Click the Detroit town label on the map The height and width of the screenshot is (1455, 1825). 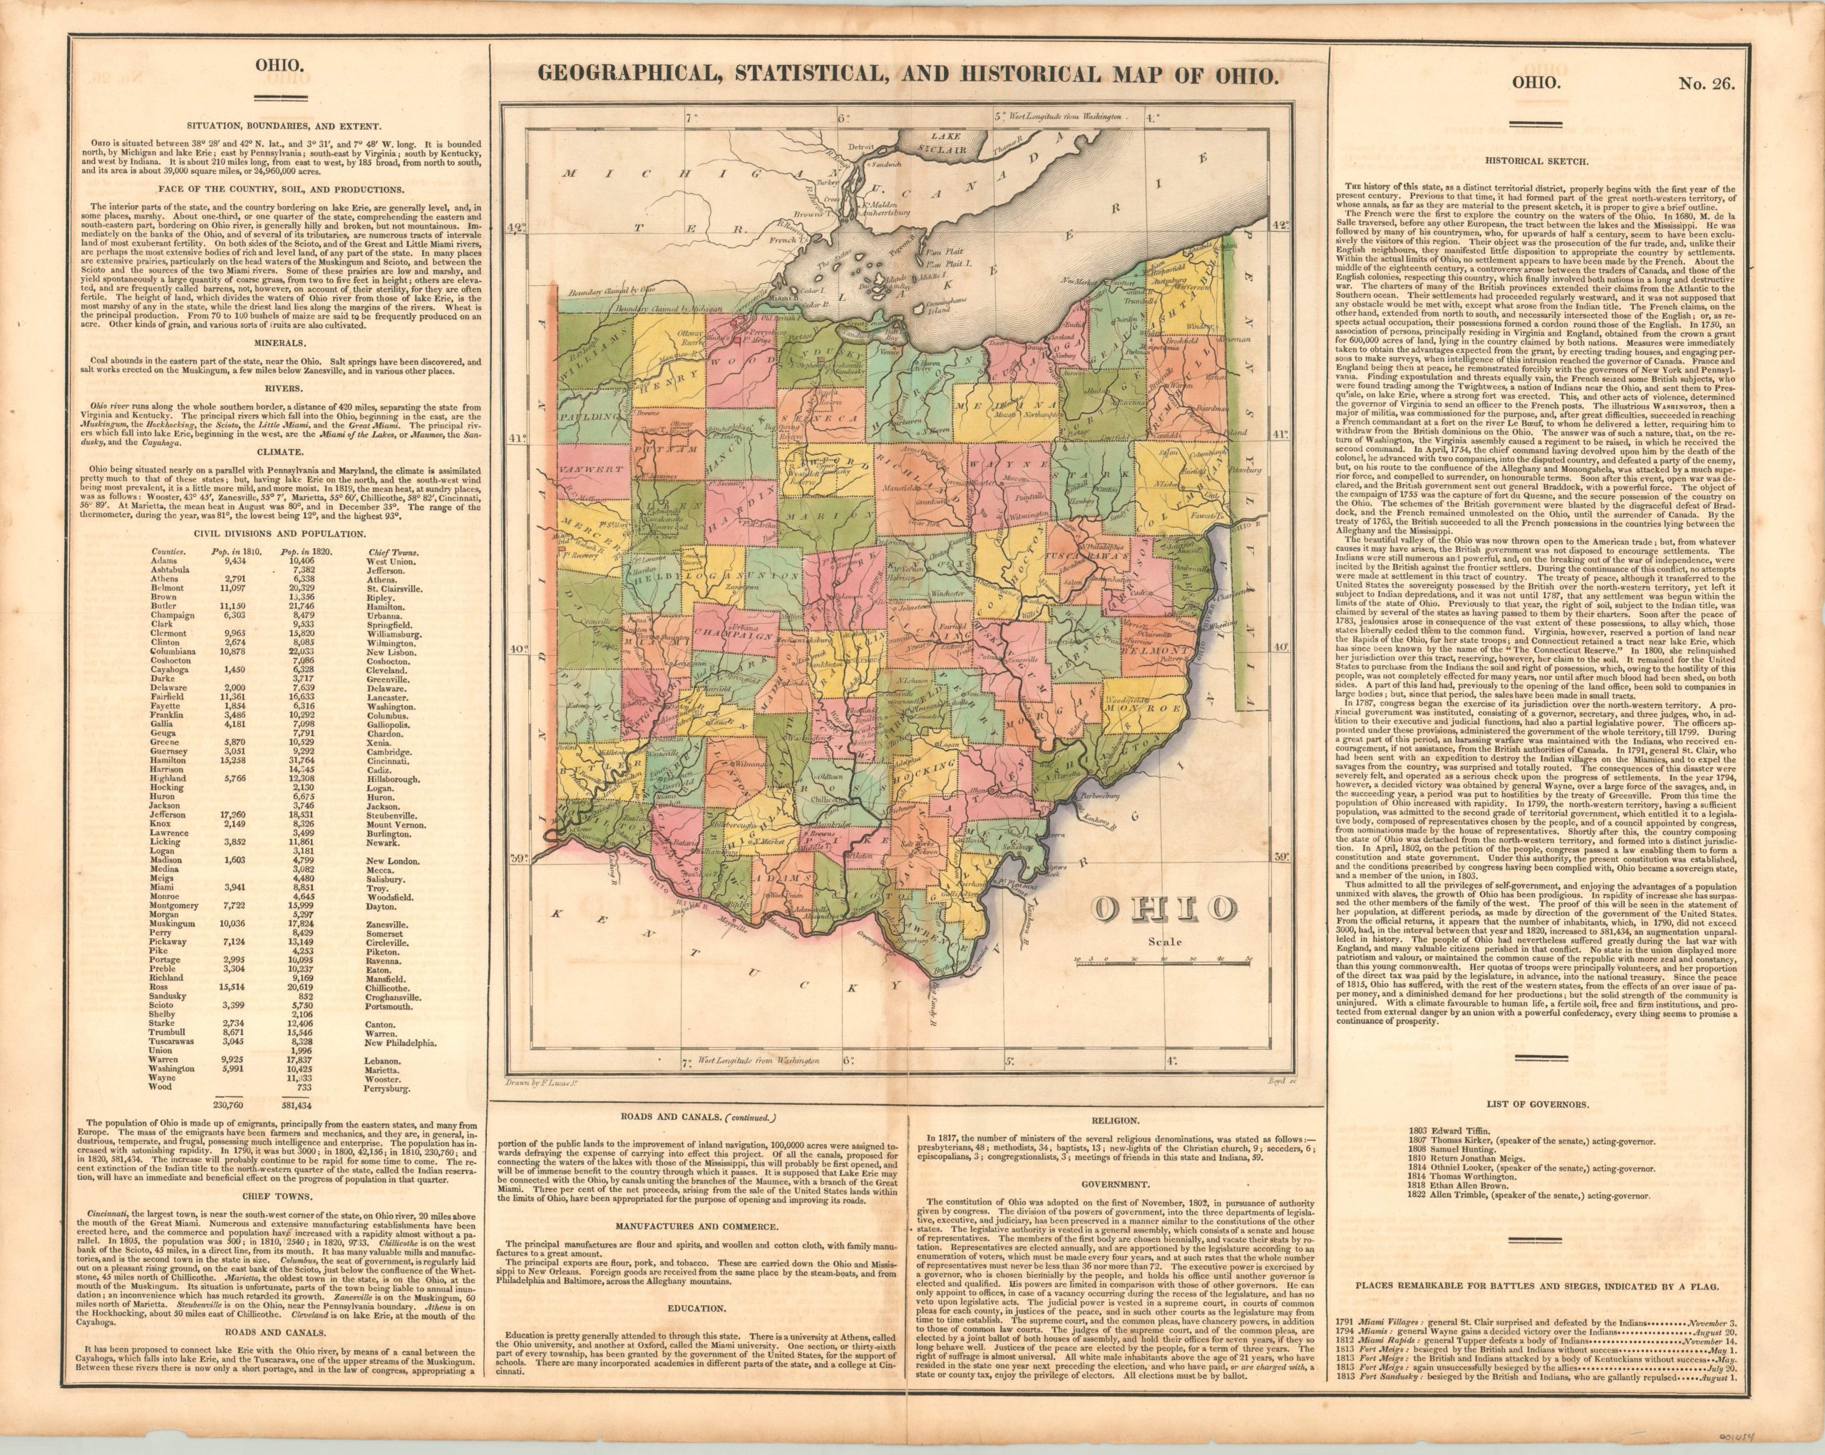pos(861,146)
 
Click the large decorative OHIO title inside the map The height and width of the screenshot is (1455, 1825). pos(1162,910)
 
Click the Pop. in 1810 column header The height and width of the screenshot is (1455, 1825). pos(230,551)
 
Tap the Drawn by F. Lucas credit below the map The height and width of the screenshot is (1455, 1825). pos(533,1083)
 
